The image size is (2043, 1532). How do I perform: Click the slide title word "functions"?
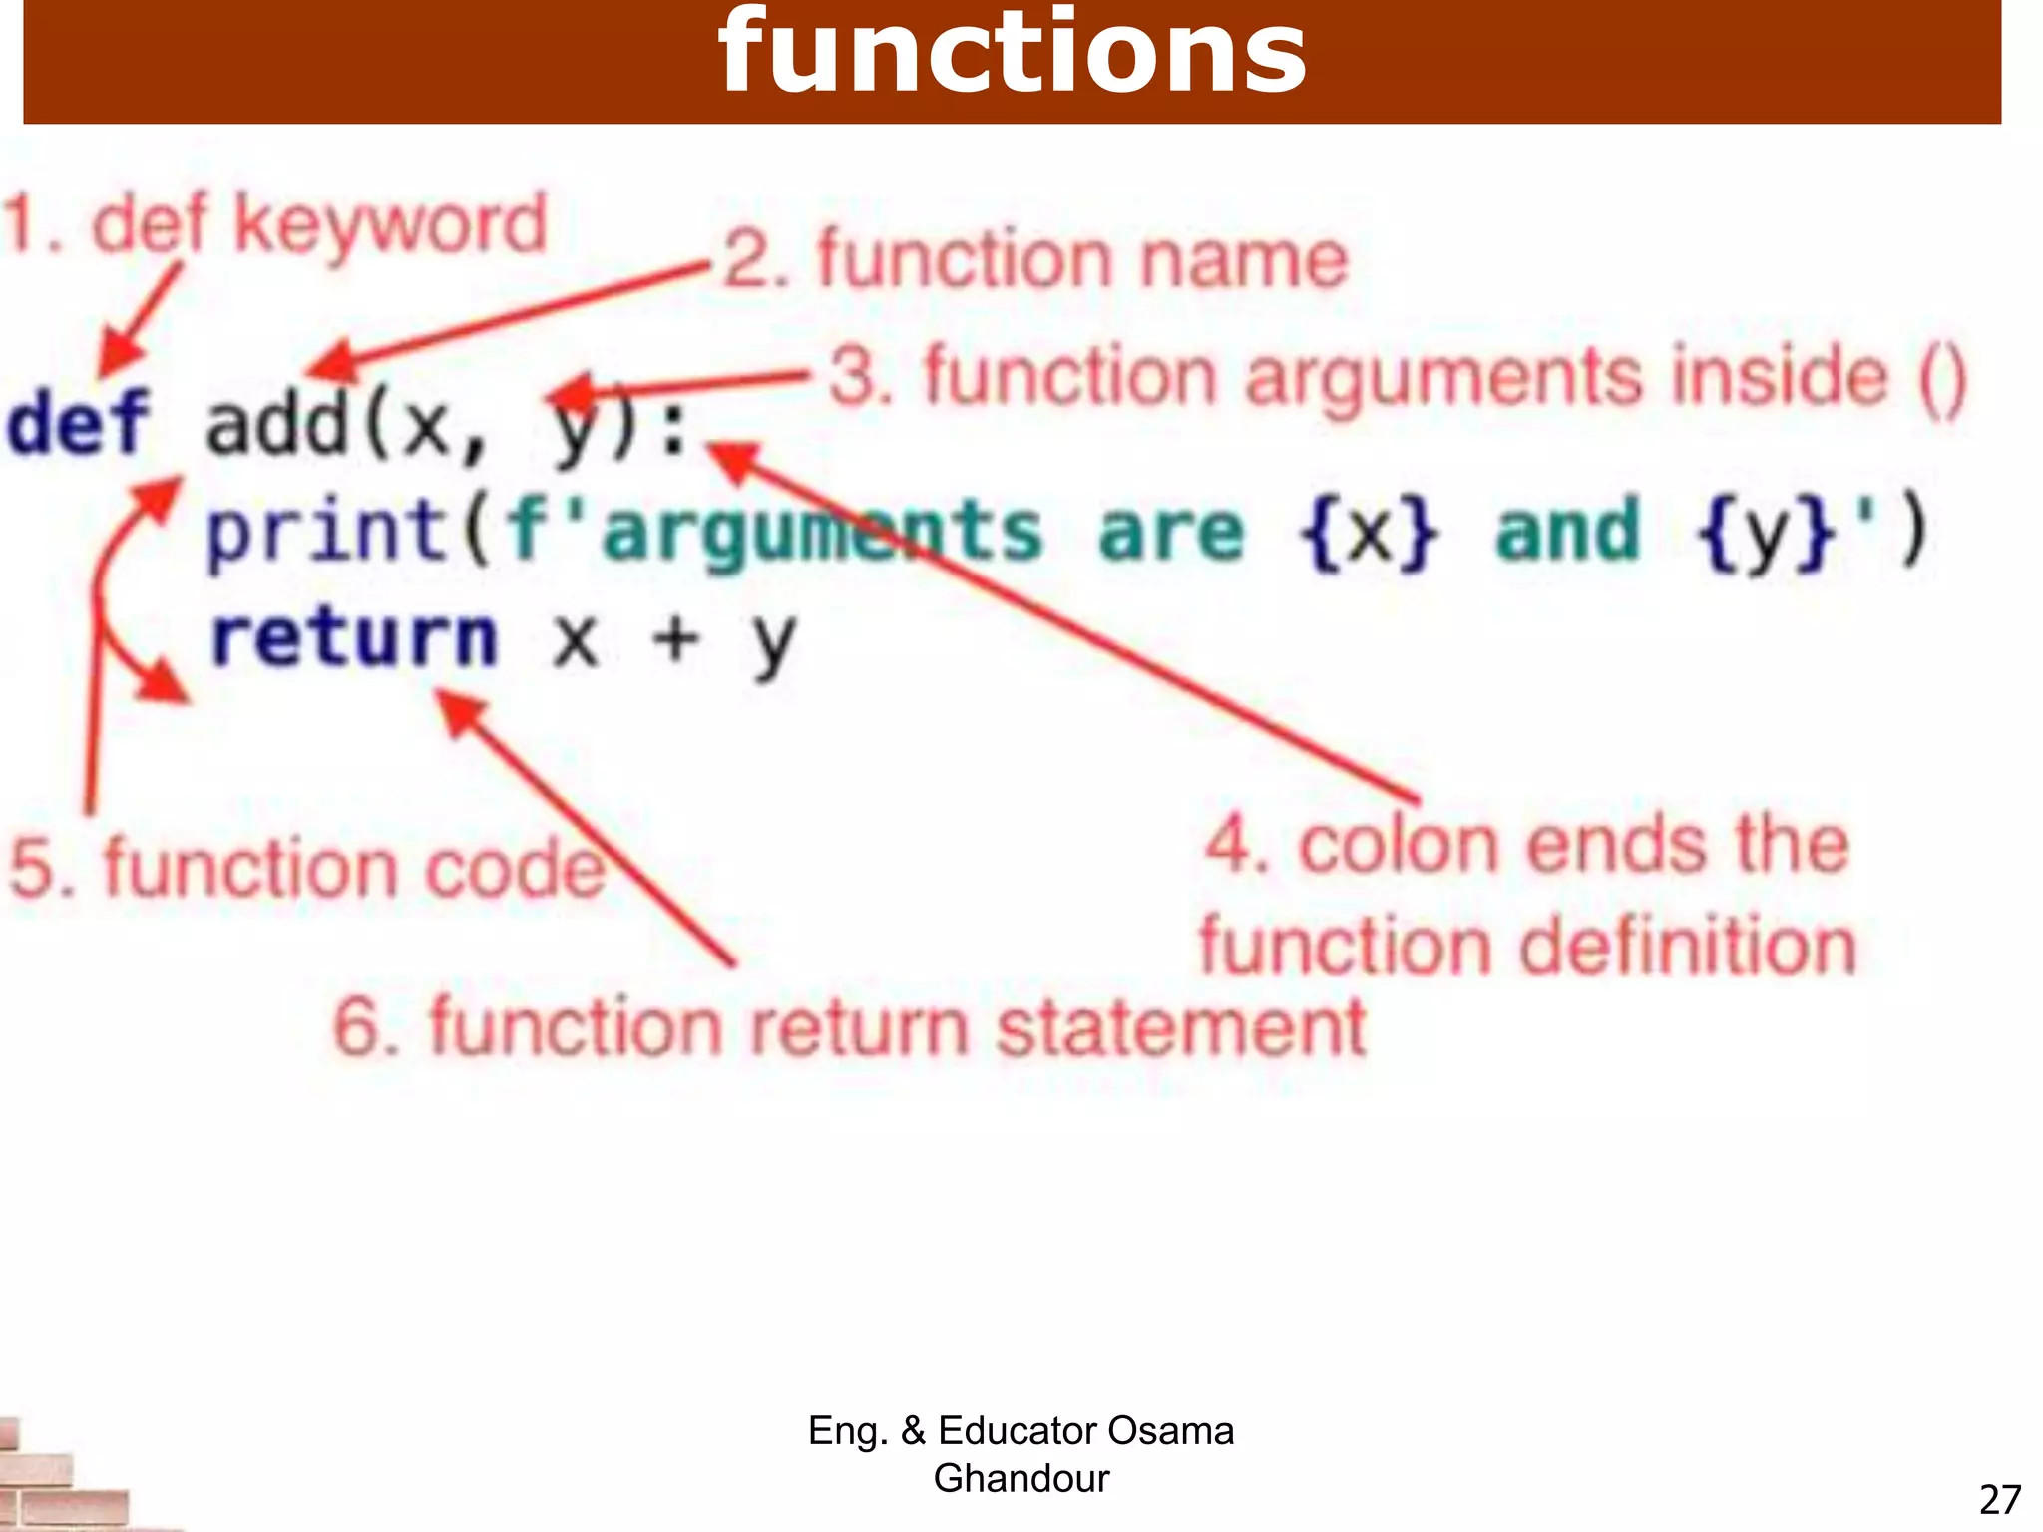[1012, 55]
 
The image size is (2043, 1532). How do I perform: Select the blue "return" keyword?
[353, 639]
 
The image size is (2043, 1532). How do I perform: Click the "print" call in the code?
[326, 533]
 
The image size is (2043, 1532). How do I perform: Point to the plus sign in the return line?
[675, 639]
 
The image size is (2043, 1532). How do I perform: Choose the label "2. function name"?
[1035, 259]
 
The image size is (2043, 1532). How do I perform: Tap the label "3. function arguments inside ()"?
[1397, 377]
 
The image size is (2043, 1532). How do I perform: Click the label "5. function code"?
[307, 867]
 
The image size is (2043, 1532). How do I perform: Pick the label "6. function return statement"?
[849, 1027]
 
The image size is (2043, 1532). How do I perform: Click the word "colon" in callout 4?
[1403, 847]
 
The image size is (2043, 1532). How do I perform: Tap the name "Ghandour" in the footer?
[1021, 1478]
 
